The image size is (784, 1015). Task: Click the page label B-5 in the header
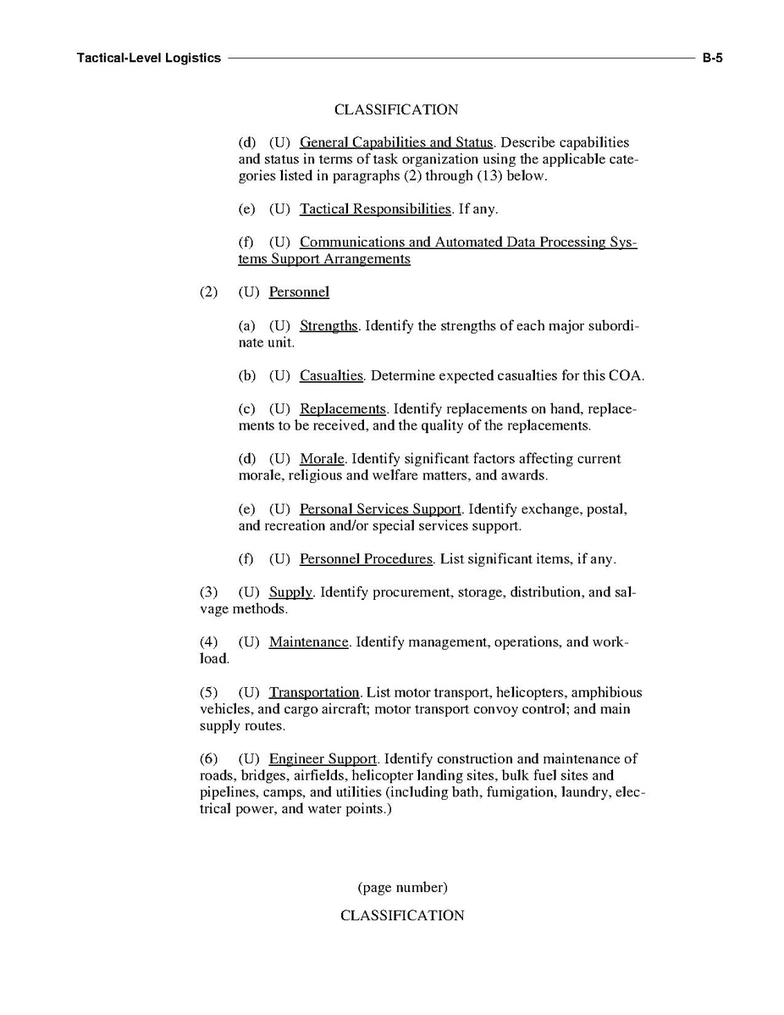click(x=711, y=58)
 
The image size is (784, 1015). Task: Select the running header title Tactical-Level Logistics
click(x=148, y=58)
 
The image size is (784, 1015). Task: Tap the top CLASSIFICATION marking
click(x=396, y=110)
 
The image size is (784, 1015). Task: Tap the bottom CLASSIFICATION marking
click(x=402, y=916)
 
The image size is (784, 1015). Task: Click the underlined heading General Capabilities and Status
click(x=396, y=142)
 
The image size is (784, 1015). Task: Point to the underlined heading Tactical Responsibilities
click(x=375, y=209)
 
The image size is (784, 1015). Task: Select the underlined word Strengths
click(x=329, y=326)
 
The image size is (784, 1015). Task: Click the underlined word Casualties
click(x=331, y=376)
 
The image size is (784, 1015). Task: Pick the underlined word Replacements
click(x=343, y=409)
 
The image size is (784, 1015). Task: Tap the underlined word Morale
click(x=322, y=459)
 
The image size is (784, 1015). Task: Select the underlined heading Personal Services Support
click(x=380, y=509)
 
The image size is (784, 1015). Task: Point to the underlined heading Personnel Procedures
click(x=366, y=559)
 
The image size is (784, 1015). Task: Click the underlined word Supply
click(x=290, y=592)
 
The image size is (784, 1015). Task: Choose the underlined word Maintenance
click(x=308, y=642)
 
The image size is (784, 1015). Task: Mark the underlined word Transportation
click(x=314, y=693)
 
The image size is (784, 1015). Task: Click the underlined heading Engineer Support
click(x=323, y=759)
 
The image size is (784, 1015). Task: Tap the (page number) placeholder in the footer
click(x=402, y=888)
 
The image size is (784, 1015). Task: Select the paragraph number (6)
click(x=208, y=759)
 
